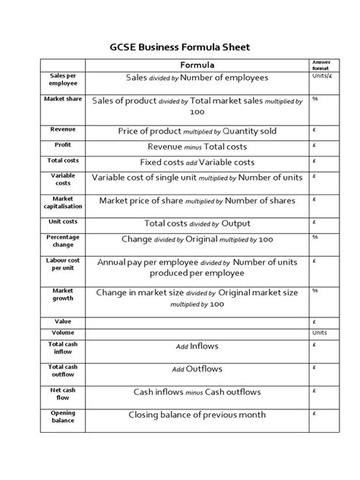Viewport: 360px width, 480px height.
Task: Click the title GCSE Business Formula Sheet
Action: [x=180, y=47]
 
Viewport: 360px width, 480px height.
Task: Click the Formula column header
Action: [x=197, y=65]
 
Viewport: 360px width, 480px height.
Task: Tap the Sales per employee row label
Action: [x=58, y=81]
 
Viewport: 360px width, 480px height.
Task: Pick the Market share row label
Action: [x=58, y=99]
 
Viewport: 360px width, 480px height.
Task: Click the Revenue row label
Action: [x=58, y=130]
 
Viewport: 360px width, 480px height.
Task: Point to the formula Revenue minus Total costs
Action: [x=197, y=147]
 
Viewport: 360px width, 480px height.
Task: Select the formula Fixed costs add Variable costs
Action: [x=197, y=163]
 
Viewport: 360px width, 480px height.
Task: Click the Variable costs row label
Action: [x=58, y=179]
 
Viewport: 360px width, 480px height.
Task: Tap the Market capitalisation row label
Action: [x=58, y=203]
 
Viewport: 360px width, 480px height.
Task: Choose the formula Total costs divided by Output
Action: [x=197, y=223]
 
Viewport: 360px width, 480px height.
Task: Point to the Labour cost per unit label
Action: [x=58, y=265]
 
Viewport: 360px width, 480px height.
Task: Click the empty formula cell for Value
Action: [x=197, y=321]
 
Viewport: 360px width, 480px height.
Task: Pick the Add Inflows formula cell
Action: [x=197, y=346]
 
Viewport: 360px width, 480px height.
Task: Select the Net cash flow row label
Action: [x=58, y=393]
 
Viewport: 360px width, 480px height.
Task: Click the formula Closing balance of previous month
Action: [x=197, y=415]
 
